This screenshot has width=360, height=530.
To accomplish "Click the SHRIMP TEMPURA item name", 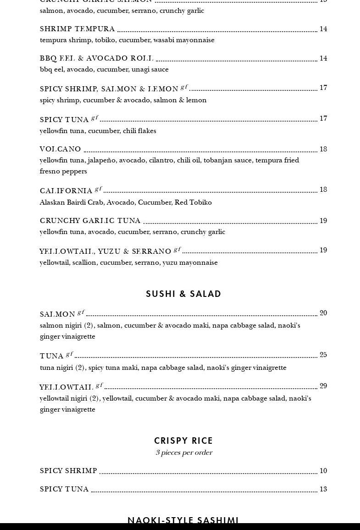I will (x=77, y=29).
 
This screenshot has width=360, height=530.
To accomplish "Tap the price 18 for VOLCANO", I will (x=323, y=149).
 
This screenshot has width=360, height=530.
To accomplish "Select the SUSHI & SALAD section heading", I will (x=183, y=294).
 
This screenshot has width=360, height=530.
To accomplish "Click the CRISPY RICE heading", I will (x=183, y=441).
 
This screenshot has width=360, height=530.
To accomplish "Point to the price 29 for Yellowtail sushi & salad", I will (x=323, y=386).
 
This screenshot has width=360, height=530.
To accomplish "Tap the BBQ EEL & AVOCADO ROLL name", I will (x=96, y=58).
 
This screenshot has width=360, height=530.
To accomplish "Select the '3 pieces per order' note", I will (x=183, y=453).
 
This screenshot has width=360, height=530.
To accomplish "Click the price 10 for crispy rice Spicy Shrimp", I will (x=323, y=471).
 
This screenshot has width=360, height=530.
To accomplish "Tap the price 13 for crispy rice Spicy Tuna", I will (x=323, y=489).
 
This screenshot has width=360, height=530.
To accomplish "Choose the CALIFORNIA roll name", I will (x=66, y=191).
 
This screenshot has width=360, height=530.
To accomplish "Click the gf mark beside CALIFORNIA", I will (x=99, y=189).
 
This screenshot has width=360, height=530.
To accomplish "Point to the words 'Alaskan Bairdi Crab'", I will (x=72, y=202).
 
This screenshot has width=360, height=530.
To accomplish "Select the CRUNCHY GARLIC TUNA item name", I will (x=90, y=221).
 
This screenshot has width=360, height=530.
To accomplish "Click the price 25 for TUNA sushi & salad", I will (x=323, y=355).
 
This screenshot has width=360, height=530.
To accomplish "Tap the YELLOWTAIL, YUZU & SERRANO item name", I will (x=105, y=251).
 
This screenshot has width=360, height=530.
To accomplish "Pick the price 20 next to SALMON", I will (x=323, y=313).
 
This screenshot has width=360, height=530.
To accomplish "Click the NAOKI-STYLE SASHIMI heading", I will (x=183, y=520).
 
